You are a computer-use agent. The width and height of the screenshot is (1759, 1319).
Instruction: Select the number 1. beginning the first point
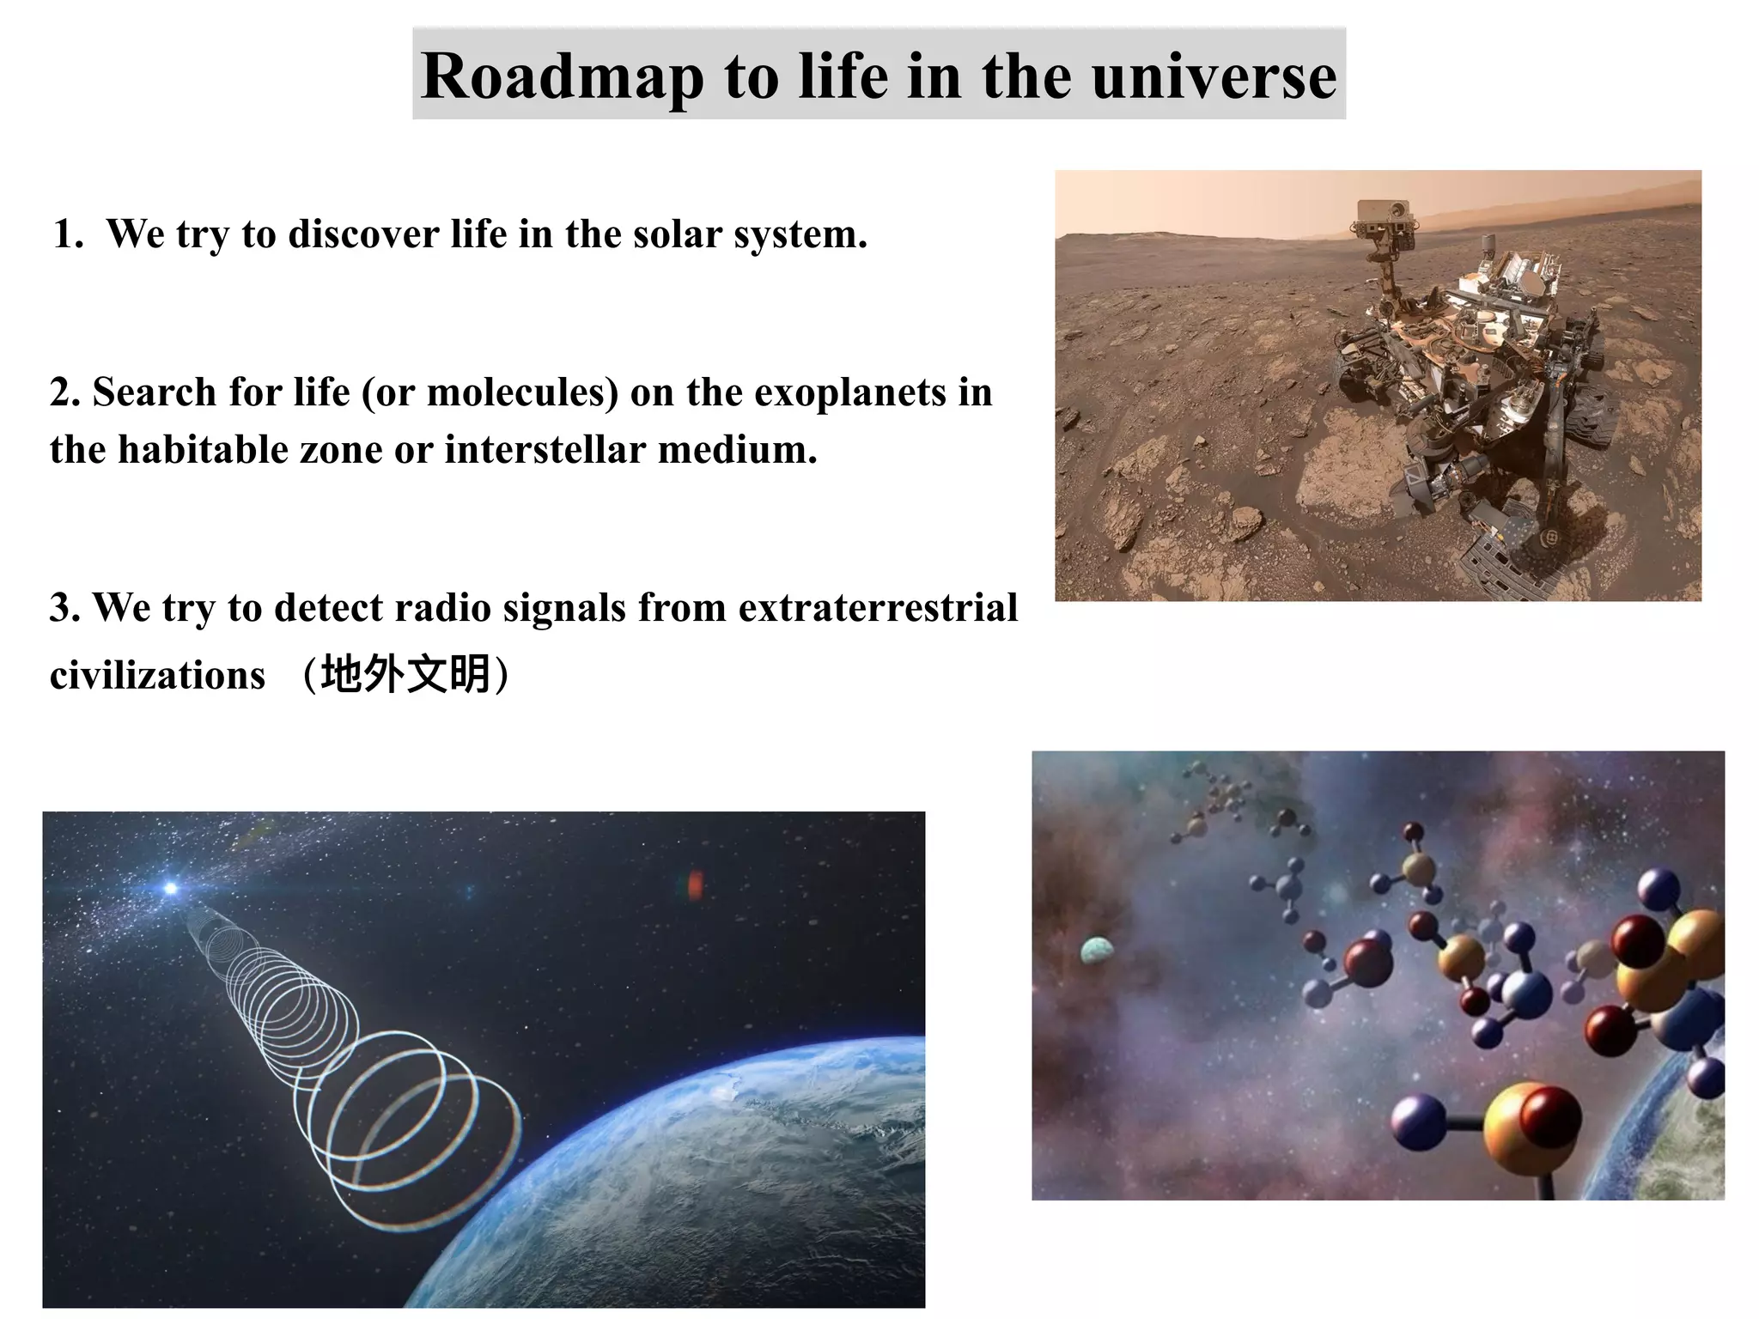coord(69,234)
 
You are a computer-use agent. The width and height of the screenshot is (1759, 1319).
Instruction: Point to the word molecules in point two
coord(522,393)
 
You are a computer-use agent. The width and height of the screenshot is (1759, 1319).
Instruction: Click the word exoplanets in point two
coord(850,393)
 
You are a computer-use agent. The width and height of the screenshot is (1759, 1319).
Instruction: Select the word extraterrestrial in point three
coord(878,608)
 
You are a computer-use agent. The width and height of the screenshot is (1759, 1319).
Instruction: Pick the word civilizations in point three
coord(157,675)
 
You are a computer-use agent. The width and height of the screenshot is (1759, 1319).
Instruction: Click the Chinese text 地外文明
coord(405,674)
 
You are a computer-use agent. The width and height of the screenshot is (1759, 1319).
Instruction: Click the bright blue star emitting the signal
coord(171,888)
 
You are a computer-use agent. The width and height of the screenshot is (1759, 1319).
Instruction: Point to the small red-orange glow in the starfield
coord(695,884)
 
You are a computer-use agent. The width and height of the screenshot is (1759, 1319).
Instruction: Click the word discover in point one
coord(363,234)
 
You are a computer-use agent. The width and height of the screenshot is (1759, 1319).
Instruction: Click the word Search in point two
coord(154,393)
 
